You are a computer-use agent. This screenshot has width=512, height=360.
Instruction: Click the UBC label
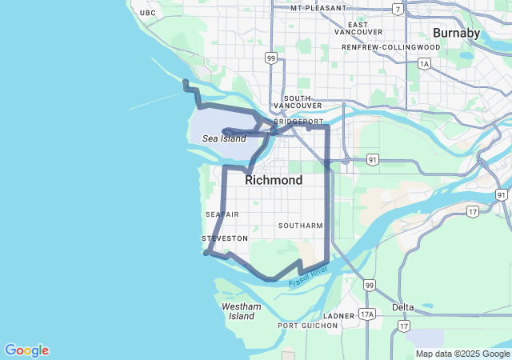(147, 13)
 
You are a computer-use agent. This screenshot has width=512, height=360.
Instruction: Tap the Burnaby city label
(456, 33)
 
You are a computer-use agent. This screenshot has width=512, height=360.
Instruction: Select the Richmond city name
(274, 180)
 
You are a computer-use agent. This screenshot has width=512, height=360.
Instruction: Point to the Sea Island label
(224, 138)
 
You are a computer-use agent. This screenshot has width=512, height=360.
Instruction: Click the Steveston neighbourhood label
(224, 238)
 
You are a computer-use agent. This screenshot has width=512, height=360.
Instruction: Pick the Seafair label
(222, 214)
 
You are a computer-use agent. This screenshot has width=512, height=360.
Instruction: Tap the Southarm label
(301, 226)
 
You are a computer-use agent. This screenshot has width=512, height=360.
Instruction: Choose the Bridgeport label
(298, 122)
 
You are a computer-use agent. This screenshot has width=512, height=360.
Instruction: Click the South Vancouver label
(297, 102)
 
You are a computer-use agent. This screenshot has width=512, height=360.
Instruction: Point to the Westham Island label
(241, 311)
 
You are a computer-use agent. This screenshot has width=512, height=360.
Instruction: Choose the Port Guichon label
(305, 326)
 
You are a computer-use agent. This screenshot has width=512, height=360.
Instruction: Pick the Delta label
(403, 307)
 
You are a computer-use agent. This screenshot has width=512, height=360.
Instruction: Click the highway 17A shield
(367, 314)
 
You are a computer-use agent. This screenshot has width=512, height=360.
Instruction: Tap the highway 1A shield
(424, 63)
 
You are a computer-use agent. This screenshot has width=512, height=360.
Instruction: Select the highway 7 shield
(398, 10)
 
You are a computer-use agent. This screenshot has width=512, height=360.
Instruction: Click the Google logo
(26, 350)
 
